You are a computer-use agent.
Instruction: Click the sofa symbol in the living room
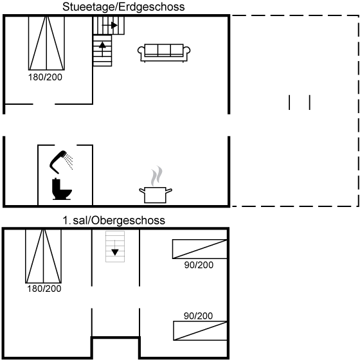(x=164, y=53)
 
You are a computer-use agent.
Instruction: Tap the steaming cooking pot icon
(x=156, y=194)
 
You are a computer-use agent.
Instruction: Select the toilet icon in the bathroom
(x=62, y=189)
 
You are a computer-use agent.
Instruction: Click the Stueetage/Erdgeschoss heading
(x=123, y=6)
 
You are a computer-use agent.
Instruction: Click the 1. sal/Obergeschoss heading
(x=114, y=221)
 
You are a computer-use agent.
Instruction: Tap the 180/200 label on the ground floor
(x=45, y=77)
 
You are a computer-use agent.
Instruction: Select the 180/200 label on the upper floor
(x=44, y=289)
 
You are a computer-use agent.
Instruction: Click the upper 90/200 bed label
(x=199, y=265)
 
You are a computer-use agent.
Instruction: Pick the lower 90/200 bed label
(x=198, y=316)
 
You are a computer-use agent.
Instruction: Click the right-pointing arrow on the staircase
(x=110, y=25)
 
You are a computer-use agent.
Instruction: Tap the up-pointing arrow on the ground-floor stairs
(x=102, y=49)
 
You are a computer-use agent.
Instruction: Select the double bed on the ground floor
(x=46, y=43)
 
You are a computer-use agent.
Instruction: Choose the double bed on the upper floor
(x=44, y=256)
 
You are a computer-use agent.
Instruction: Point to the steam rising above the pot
(x=157, y=175)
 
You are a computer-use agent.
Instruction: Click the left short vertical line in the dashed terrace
(x=289, y=102)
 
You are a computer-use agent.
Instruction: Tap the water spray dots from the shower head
(x=69, y=161)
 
